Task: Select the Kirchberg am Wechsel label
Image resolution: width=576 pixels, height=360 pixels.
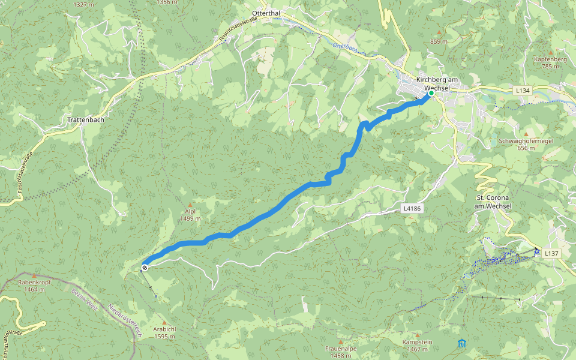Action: tap(437, 83)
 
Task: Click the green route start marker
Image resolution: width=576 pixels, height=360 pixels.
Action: tap(431, 93)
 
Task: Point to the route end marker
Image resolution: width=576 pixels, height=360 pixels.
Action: tap(145, 266)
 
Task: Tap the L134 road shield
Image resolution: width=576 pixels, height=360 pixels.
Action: tap(522, 90)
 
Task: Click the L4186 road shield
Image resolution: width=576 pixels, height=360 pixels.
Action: tap(411, 208)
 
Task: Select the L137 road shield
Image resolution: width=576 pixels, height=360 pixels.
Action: tap(551, 254)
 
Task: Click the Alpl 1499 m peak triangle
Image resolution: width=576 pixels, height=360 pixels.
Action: tap(190, 205)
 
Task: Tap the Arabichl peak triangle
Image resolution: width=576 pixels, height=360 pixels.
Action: tap(164, 323)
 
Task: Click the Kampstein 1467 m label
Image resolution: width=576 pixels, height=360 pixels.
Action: tap(417, 345)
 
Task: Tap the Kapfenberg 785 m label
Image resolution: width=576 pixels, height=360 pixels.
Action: tap(550, 63)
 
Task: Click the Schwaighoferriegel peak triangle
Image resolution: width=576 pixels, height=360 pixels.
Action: tap(526, 134)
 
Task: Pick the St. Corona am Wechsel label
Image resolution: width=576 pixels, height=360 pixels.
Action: tap(493, 202)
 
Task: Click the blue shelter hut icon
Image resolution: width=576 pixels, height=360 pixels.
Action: tap(461, 344)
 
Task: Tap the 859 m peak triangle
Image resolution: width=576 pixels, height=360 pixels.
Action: tap(439, 32)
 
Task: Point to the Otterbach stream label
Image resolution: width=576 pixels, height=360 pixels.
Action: tap(344, 47)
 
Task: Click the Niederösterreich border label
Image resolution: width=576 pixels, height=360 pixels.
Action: tap(124, 322)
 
